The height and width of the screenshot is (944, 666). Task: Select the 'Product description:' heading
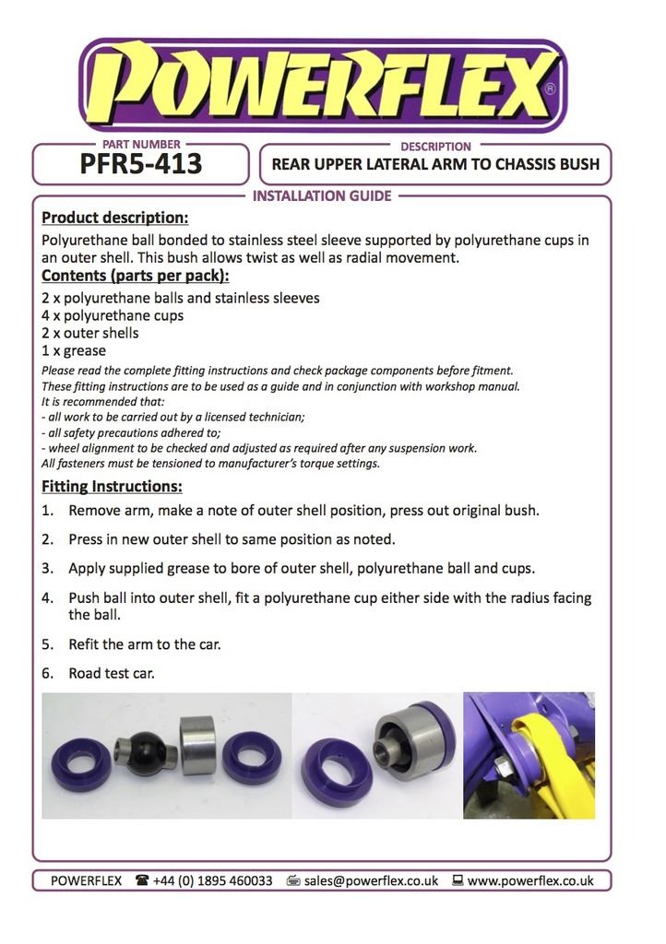115,218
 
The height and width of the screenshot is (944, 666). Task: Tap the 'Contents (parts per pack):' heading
136,276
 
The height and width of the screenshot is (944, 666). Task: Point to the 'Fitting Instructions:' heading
112,486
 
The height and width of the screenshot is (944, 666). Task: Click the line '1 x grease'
75,350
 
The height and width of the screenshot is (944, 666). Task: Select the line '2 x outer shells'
90,333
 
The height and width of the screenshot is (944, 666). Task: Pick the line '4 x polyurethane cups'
113,315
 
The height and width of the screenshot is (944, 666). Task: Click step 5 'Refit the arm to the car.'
144,644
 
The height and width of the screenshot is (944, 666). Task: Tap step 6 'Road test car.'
111,673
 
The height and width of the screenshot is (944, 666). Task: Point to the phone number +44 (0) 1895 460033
215,880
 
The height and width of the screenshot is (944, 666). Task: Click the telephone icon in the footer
143,880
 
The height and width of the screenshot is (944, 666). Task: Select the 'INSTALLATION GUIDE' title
322,195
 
